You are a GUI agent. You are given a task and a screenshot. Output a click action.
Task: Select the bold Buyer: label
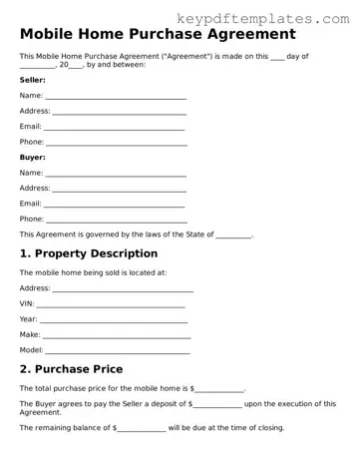click(x=33, y=157)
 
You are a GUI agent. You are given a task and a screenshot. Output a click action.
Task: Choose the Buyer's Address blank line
click(x=119, y=188)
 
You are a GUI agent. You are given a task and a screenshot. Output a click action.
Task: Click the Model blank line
click(x=118, y=350)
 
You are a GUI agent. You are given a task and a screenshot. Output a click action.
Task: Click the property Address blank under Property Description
click(x=122, y=288)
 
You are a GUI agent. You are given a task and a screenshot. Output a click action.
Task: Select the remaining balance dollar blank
click(x=141, y=427)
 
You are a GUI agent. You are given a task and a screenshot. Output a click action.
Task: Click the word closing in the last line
click(x=268, y=427)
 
